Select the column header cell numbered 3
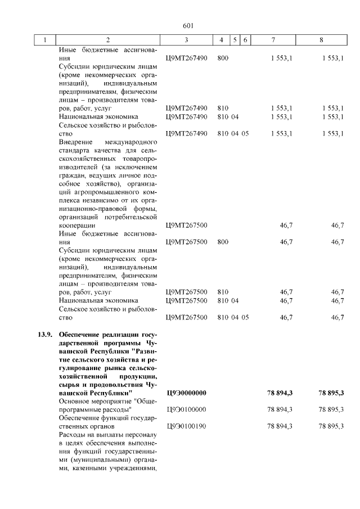pyautogui.click(x=186, y=40)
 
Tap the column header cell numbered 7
pyautogui.click(x=273, y=40)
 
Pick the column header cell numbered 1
pyautogui.click(x=44, y=40)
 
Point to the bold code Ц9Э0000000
pyautogui.click(x=187, y=392)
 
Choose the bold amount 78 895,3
pyautogui.click(x=331, y=392)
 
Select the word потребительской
pyautogui.click(x=129, y=217)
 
